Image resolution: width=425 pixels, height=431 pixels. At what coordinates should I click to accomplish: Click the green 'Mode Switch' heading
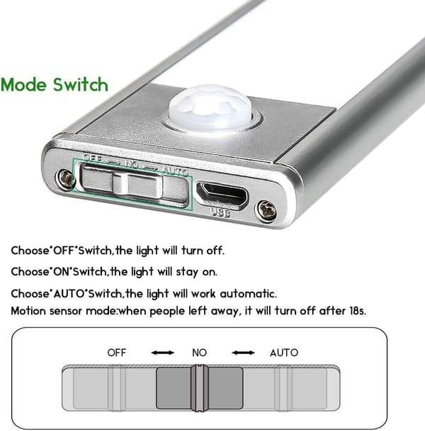tap(55, 84)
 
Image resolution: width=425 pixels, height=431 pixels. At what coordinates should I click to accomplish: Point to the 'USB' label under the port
tap(220, 212)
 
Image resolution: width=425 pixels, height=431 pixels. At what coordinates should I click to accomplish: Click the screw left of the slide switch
tap(65, 178)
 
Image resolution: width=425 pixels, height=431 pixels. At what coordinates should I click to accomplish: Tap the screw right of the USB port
tap(266, 211)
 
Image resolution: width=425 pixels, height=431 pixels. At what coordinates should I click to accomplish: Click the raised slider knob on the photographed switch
tap(137, 184)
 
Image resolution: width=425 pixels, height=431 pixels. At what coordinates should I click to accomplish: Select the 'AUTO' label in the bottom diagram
tap(284, 352)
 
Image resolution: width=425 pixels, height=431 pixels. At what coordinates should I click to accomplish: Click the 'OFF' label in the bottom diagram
tap(117, 352)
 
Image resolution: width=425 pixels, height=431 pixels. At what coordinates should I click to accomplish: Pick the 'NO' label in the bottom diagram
tap(199, 352)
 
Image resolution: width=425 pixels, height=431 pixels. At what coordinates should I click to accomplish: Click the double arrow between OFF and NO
tap(163, 352)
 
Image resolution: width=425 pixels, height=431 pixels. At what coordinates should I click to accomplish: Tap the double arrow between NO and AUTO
tap(243, 352)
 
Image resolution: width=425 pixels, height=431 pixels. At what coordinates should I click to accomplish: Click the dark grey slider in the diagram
tap(200, 388)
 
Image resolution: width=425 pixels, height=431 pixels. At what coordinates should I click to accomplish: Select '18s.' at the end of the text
tap(358, 311)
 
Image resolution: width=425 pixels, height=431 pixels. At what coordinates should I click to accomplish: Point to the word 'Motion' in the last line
tap(28, 311)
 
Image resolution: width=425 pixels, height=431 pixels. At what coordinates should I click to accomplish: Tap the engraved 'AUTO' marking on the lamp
tap(176, 171)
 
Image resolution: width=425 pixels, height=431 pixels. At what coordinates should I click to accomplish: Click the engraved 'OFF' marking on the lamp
tap(93, 158)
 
